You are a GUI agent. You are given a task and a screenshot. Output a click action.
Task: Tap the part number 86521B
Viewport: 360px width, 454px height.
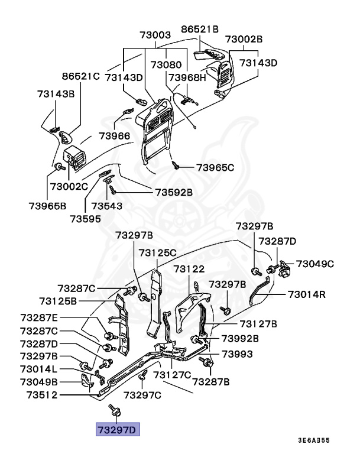(x=200, y=28)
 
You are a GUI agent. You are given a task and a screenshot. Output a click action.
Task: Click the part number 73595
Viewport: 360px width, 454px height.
(x=86, y=218)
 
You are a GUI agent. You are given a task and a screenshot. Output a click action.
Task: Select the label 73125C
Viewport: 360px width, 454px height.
(x=158, y=252)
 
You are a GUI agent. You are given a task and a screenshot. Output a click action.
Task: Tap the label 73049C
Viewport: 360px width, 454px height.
(x=315, y=264)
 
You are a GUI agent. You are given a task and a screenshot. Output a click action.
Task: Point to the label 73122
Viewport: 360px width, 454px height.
(x=189, y=269)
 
